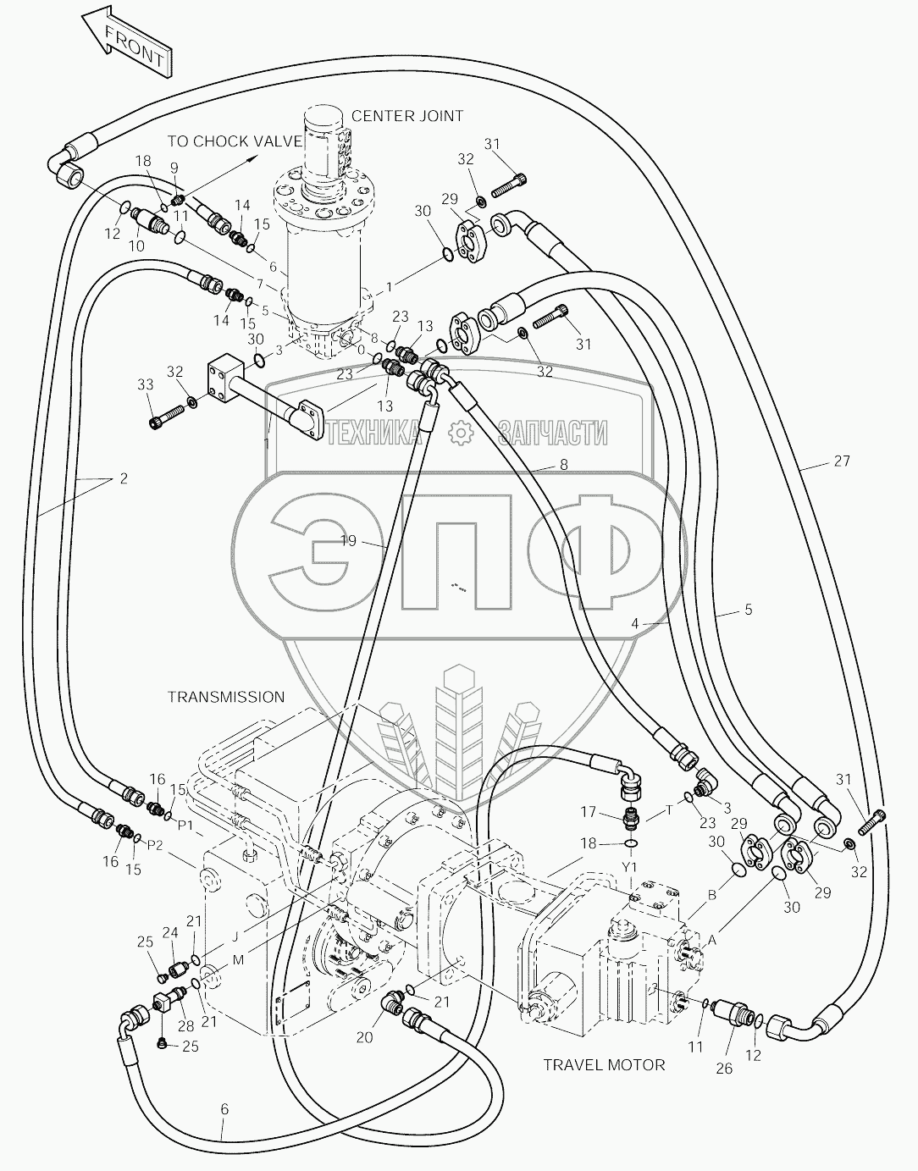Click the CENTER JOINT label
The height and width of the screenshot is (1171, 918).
click(406, 115)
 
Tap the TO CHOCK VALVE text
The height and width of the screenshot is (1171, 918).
click(234, 141)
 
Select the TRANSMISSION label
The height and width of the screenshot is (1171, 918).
click(225, 697)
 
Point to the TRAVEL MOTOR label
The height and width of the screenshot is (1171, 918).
click(604, 1064)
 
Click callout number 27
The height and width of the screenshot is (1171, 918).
click(840, 461)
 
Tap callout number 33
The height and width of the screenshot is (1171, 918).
click(145, 384)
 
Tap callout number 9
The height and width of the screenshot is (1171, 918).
click(174, 167)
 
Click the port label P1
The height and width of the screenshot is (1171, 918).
click(185, 824)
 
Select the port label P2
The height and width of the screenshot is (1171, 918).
click(155, 844)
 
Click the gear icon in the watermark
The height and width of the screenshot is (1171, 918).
click(460, 433)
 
